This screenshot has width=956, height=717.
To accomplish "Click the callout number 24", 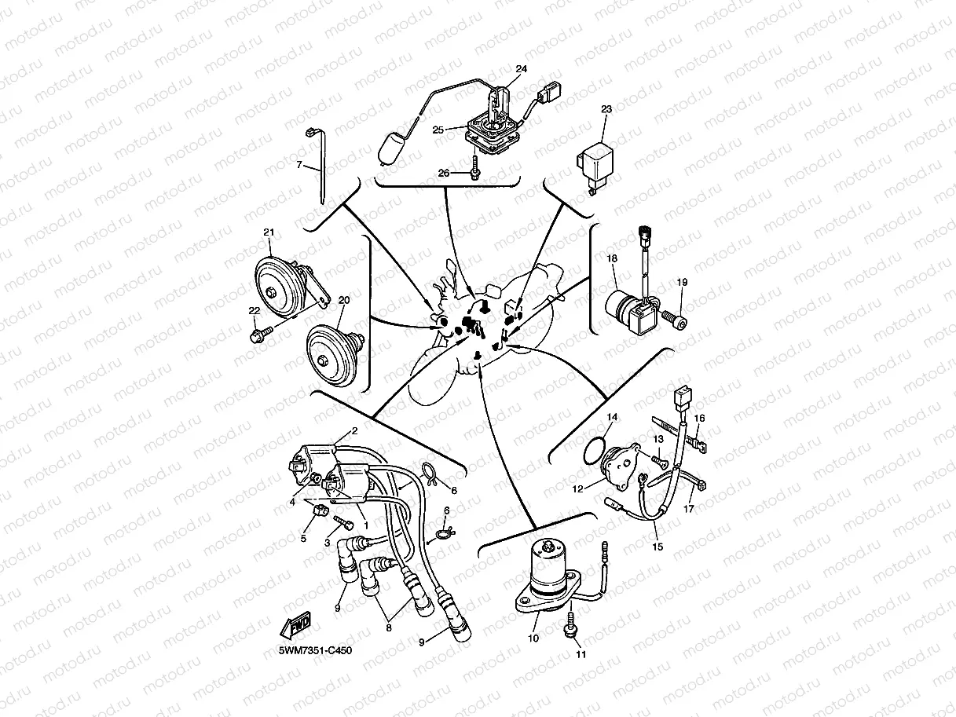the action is [521, 69].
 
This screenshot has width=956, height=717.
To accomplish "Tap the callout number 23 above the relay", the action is [606, 109].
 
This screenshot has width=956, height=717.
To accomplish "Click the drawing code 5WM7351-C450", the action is [315, 651].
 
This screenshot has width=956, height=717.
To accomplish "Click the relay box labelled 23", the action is [595, 166].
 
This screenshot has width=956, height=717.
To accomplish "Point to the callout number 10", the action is [533, 638].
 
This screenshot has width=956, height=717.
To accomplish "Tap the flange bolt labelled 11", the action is [570, 625].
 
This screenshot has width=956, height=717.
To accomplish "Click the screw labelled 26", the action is [474, 169].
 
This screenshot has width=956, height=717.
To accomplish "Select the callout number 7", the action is [299, 165].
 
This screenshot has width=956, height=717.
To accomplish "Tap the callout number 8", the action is [389, 627].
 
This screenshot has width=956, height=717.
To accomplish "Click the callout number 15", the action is [657, 547].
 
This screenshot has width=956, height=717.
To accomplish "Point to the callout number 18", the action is [612, 258].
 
